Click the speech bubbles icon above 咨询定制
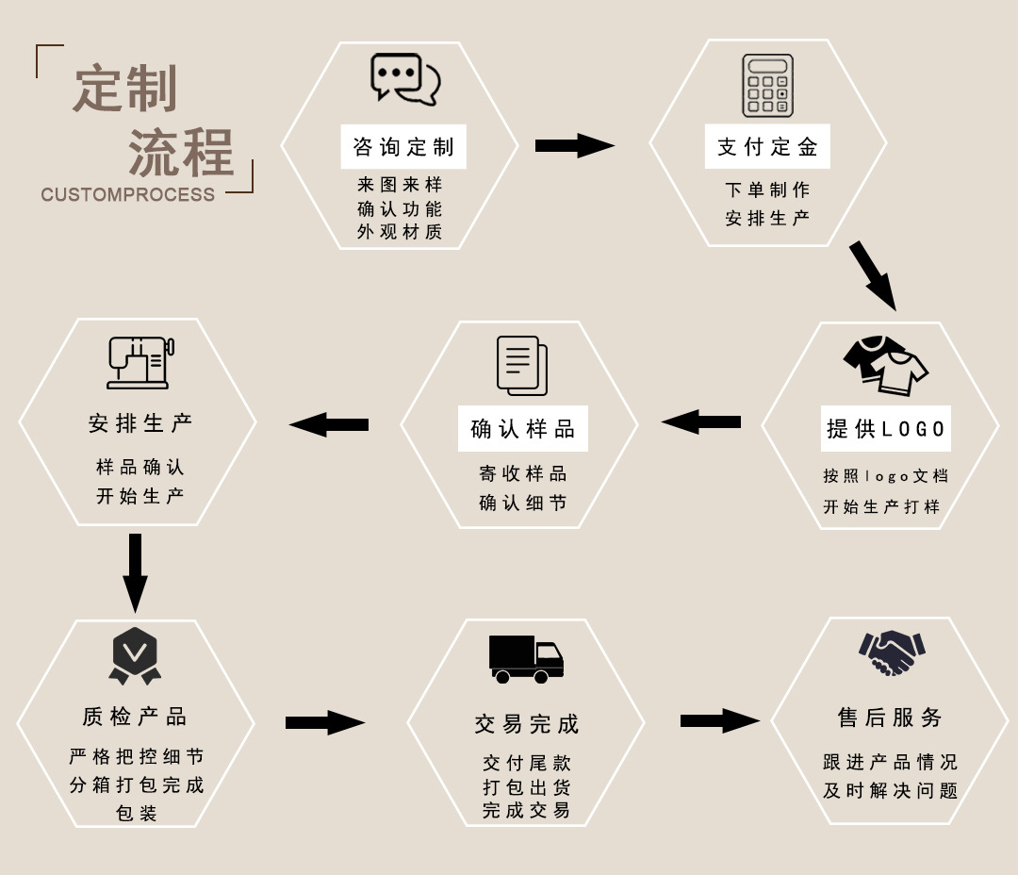(x=405, y=79)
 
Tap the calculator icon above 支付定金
(x=767, y=86)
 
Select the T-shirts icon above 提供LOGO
(x=885, y=366)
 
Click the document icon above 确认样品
(x=521, y=366)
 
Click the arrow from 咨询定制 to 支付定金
(x=574, y=145)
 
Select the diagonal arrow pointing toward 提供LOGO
(x=873, y=275)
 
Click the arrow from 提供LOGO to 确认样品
(x=701, y=422)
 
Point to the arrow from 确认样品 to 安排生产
(x=329, y=424)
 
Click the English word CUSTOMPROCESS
(x=128, y=195)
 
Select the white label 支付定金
(x=767, y=147)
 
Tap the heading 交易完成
(x=526, y=724)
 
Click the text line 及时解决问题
(x=890, y=790)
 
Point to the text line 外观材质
(x=400, y=232)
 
